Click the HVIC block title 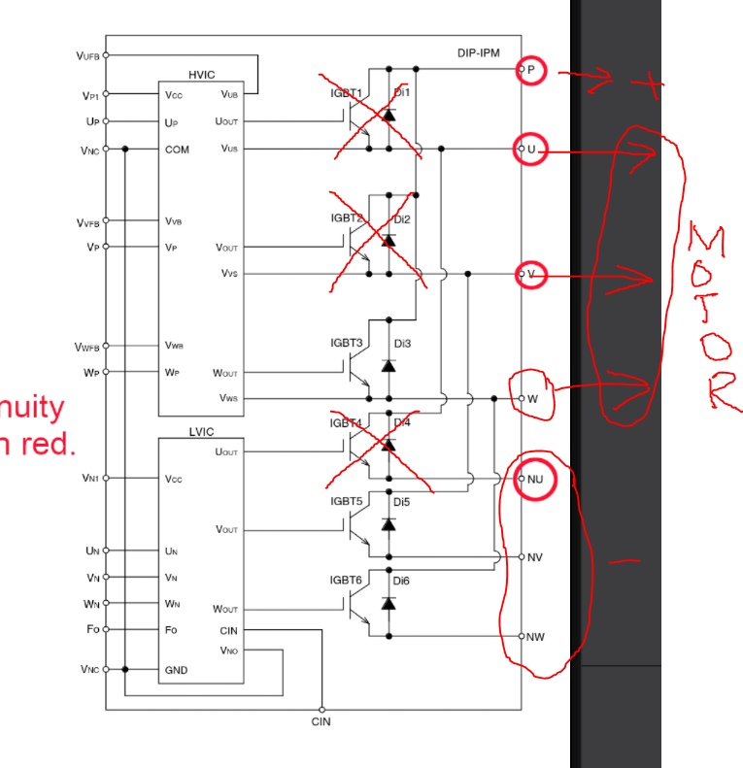202,75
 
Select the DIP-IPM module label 478,52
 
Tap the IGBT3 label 346,344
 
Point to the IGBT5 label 346,501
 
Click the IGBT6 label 346,581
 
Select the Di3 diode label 402,344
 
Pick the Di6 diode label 402,581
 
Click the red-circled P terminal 531,69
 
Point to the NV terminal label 534,557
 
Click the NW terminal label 535,637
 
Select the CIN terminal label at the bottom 321,722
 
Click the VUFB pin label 87,56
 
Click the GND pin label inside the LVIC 176,670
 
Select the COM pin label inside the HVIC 177,150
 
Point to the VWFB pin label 87,347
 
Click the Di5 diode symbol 388,524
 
